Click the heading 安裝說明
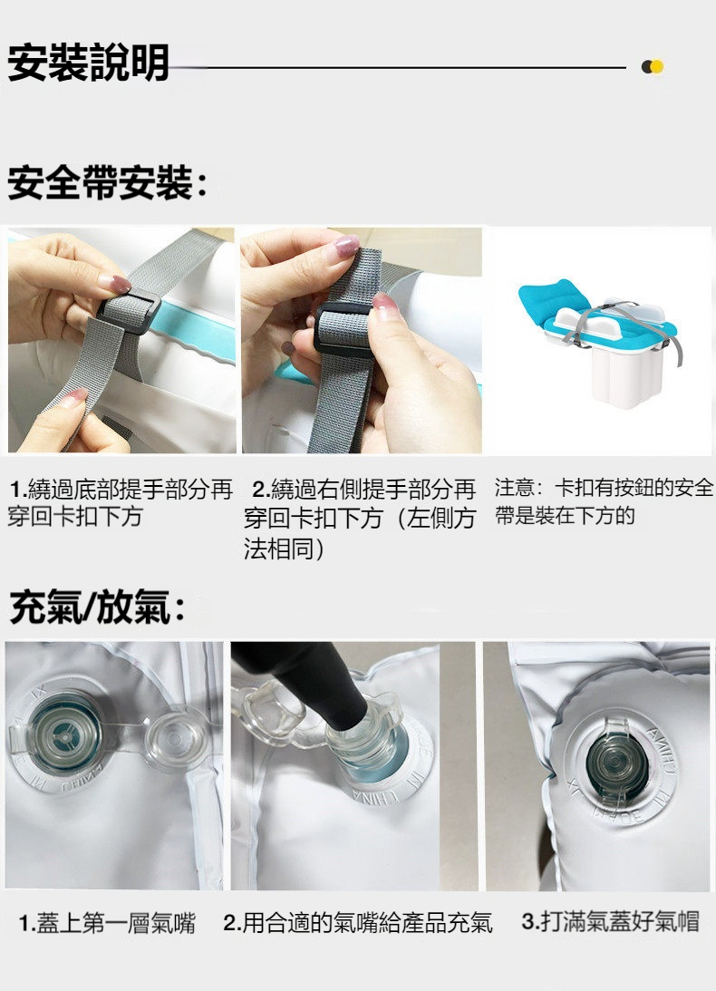click(89, 64)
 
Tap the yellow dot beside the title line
click(657, 67)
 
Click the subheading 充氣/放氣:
click(98, 607)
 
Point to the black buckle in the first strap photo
click(129, 311)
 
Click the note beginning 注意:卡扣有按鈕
click(604, 501)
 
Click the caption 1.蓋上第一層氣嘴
click(107, 924)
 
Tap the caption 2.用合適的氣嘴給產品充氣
click(358, 924)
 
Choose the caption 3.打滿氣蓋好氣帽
click(610, 922)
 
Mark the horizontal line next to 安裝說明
click(399, 67)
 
